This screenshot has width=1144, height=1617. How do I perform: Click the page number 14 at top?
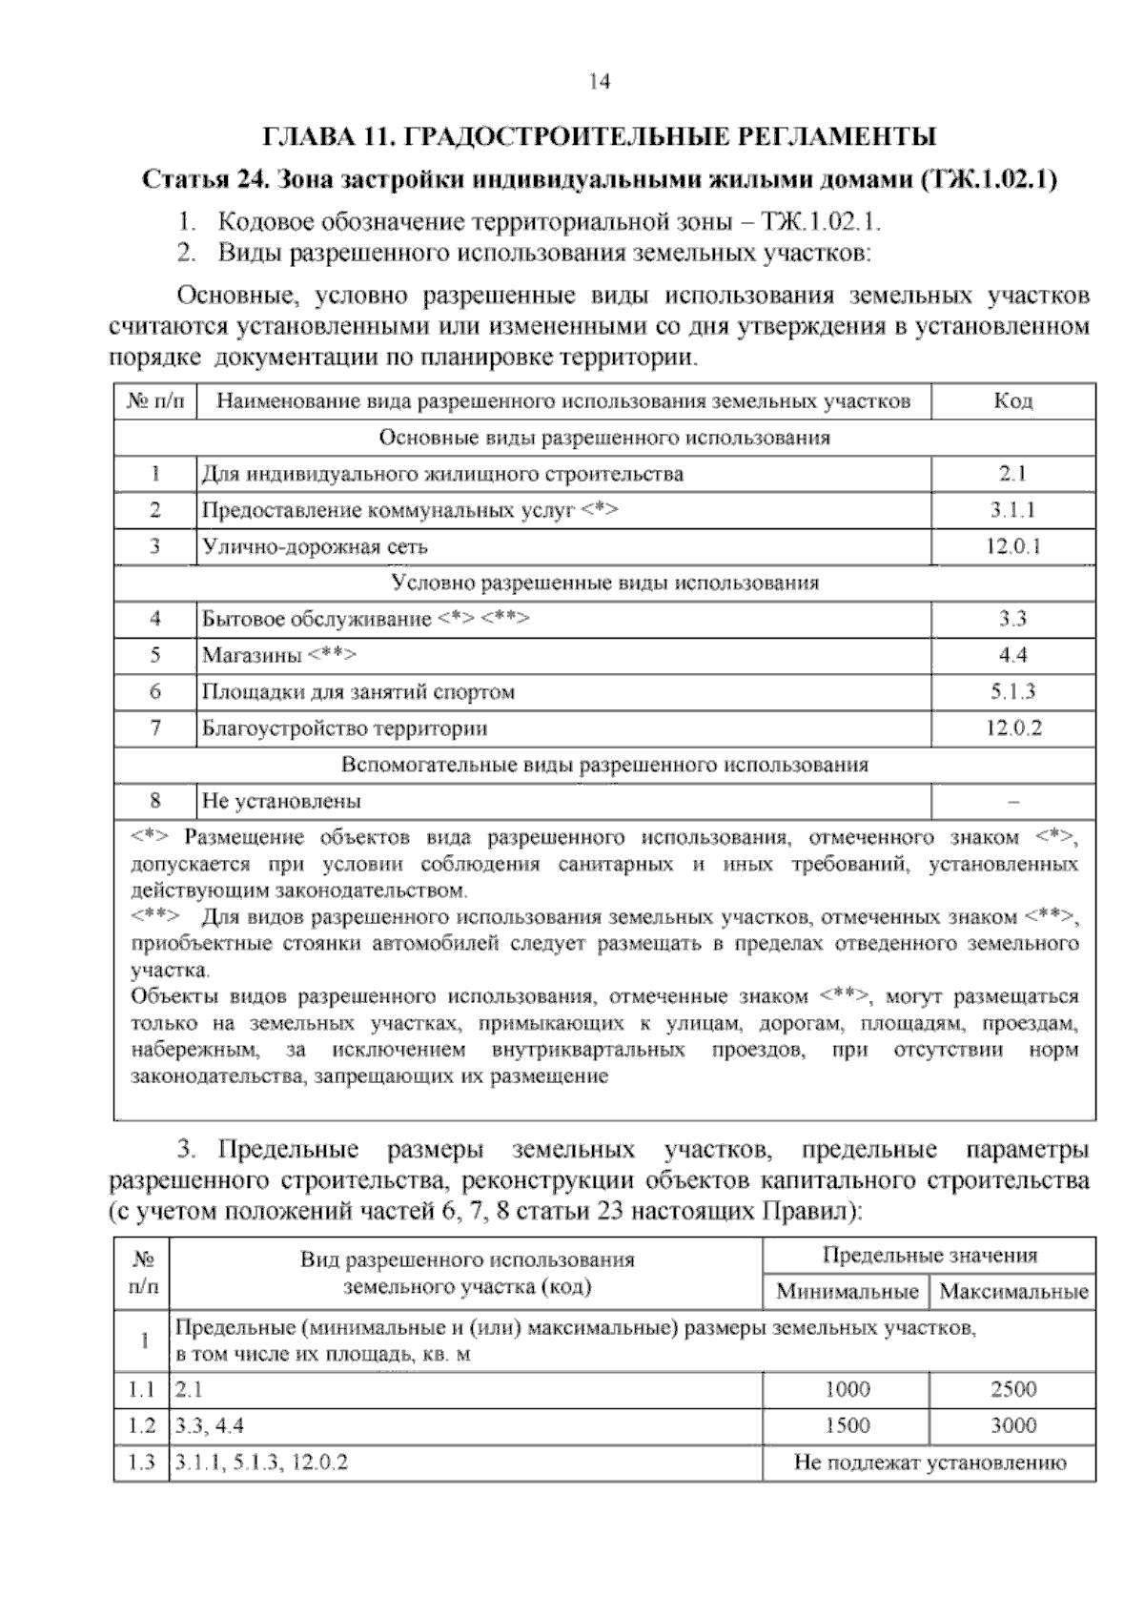[599, 82]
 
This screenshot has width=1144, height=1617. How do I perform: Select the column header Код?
[1012, 401]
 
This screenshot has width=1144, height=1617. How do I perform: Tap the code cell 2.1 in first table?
[1012, 474]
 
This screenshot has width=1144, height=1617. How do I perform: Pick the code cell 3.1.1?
[1012, 511]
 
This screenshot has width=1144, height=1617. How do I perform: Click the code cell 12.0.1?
[1012, 547]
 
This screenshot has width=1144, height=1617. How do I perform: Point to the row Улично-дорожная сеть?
[315, 547]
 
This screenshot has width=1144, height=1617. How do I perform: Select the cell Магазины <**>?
[279, 656]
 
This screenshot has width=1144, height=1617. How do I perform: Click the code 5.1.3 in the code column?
[1012, 692]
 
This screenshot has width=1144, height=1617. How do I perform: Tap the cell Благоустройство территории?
[344, 729]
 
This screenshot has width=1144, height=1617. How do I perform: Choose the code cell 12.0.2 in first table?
[1012, 729]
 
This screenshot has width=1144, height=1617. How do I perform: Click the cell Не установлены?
[281, 802]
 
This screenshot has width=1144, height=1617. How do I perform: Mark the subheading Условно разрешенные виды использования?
[605, 583]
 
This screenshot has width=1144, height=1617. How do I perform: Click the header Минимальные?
[847, 1293]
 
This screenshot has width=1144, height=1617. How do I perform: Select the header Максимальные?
[1013, 1293]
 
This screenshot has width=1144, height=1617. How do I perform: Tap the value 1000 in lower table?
[847, 1390]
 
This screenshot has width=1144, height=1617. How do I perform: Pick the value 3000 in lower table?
[1013, 1426]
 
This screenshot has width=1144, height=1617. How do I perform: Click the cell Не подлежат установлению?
[929, 1463]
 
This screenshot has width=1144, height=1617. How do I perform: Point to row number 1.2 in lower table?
[141, 1426]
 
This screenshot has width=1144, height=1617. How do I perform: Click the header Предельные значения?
[929, 1256]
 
